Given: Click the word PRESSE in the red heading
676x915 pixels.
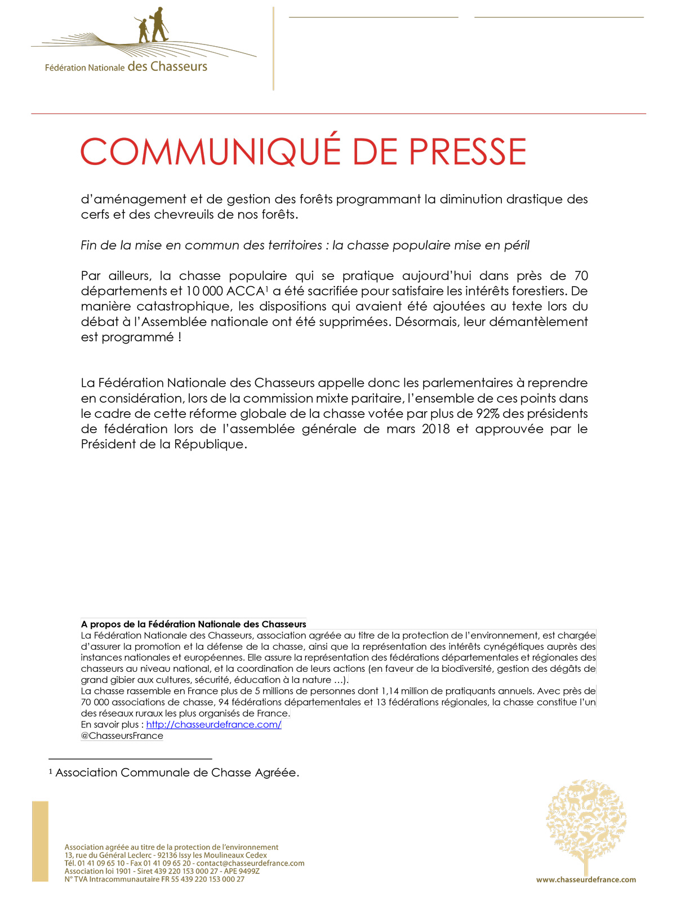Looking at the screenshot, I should point(467,152).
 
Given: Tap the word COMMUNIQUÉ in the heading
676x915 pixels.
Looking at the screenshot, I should point(211,152).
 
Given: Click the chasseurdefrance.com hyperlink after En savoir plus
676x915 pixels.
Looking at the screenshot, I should point(214,725).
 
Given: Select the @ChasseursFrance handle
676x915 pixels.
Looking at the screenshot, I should point(122,736).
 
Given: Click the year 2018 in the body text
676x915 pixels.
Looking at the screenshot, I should point(436,429).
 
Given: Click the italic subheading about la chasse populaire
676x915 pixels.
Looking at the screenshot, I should point(305,246).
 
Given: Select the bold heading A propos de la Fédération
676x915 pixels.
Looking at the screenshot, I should point(193,624).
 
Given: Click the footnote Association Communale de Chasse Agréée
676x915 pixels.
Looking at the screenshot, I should point(177,773).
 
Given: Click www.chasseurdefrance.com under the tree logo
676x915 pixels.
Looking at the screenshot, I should point(586,880).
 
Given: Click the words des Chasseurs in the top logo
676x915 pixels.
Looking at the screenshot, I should point(167,66).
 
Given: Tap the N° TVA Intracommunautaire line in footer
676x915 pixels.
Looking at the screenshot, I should point(154,879).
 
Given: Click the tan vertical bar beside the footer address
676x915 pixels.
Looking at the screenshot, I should point(40,841).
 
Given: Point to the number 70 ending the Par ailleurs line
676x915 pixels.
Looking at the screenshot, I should point(581,276).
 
